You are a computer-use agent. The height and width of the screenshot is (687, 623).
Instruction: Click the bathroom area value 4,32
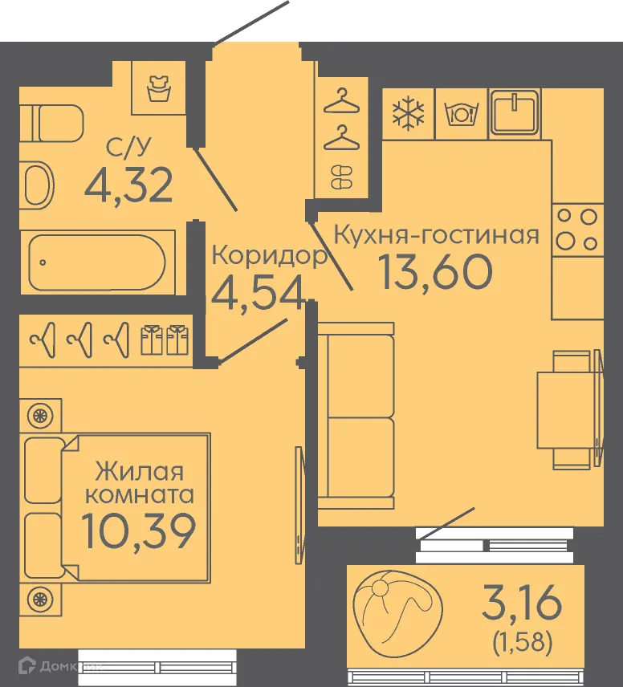coord(128,185)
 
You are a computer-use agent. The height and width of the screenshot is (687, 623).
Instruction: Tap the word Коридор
coord(270,255)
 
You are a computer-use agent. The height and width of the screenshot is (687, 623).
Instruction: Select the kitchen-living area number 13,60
coord(435,271)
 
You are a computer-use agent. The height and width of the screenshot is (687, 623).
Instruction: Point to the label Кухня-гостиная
coord(436,234)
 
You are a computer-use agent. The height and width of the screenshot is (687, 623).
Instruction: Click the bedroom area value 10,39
coord(139,530)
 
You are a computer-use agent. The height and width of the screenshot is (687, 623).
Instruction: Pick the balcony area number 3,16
coord(522,602)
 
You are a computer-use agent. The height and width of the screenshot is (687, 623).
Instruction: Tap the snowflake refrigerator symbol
coord(408,115)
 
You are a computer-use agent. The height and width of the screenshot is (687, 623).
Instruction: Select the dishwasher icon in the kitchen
coord(461,114)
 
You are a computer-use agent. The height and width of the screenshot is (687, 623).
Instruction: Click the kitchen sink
coord(515,112)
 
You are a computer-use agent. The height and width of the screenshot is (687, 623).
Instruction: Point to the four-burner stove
coord(578,230)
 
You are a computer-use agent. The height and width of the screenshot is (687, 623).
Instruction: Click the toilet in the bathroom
coord(51,123)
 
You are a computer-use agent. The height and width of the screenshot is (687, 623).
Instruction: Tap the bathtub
coord(98,262)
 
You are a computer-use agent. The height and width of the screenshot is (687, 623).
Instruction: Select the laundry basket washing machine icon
coord(159,88)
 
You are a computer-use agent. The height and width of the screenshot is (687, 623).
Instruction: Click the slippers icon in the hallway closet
coord(341,177)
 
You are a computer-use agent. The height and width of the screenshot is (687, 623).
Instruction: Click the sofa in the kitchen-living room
coord(356,416)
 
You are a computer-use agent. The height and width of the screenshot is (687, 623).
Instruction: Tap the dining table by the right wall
coord(569,409)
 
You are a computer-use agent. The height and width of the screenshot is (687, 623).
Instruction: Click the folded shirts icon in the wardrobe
coord(165,339)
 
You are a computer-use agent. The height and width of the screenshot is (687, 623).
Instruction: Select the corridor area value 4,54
coord(259,292)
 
